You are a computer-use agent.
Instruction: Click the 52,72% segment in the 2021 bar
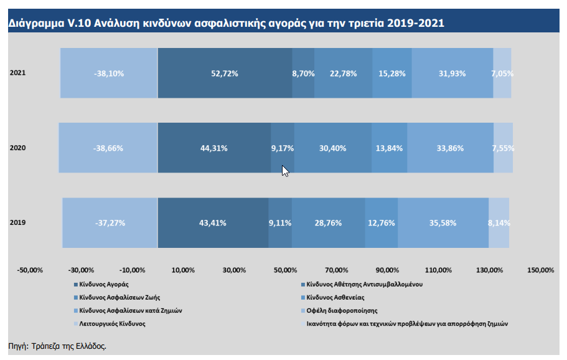[225, 73]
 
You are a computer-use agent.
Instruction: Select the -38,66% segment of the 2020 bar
[109, 148]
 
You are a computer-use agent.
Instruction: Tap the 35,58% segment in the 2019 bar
[443, 223]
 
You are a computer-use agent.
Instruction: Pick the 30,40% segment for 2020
[333, 148]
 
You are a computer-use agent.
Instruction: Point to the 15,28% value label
[392, 73]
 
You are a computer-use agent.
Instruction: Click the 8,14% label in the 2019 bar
[499, 223]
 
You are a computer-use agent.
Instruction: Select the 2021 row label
[17, 73]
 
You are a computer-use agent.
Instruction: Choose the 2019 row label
[17, 222]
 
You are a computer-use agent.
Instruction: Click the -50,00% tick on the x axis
[30, 270]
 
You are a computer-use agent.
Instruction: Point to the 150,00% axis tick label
[540, 270]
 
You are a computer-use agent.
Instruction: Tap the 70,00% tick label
[336, 270]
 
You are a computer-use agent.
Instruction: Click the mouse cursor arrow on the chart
[285, 171]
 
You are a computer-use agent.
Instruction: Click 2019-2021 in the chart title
[415, 24]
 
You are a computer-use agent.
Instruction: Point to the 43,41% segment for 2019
[213, 223]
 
